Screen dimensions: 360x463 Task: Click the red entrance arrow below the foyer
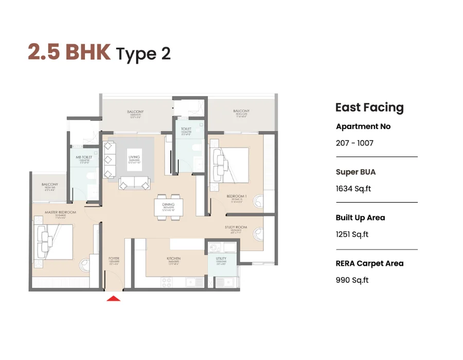pyautogui.click(x=113, y=297)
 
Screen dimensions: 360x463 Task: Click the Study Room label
pyautogui.click(x=236, y=228)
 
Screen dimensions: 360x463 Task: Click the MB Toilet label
pyautogui.click(x=84, y=158)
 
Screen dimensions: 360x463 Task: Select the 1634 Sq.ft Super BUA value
pyautogui.click(x=353, y=189)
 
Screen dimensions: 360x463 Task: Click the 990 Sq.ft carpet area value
pyautogui.click(x=352, y=280)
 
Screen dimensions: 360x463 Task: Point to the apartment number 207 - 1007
pyautogui.click(x=354, y=143)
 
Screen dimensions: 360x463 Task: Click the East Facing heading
pyautogui.click(x=369, y=107)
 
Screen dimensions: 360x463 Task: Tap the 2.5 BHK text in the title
pyautogui.click(x=69, y=53)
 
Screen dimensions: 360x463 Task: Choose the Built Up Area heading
pyautogui.click(x=360, y=218)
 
